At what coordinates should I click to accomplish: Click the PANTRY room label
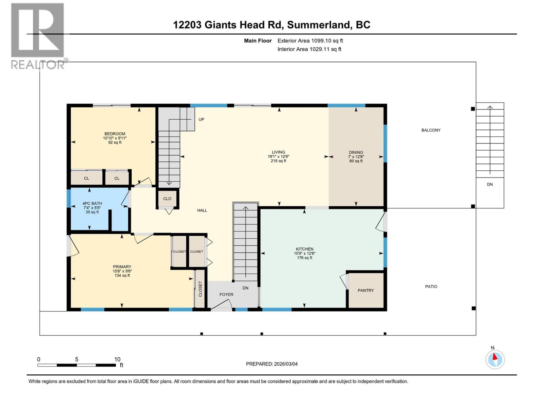pos(365,290)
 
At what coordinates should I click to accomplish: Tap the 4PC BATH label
pos(92,204)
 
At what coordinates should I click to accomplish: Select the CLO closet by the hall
pos(167,199)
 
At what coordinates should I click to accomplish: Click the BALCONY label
pos(431,130)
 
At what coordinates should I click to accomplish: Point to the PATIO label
pos(431,287)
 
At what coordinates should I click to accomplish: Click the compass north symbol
pos(495,359)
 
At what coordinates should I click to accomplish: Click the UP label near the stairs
pos(201,120)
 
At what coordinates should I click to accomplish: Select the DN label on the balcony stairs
pos(490,185)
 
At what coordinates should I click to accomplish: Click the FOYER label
pos(226,294)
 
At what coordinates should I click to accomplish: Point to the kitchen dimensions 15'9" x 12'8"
pos(304,253)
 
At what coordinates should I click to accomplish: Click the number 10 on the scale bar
pos(117,359)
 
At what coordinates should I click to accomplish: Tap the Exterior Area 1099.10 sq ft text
pos(310,41)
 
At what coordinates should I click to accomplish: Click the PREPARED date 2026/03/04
pos(272,364)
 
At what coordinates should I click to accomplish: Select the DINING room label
pos(356,152)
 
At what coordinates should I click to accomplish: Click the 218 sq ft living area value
pos(278,161)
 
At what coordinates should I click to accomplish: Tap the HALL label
pos(202,210)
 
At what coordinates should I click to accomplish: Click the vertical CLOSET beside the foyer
pos(200,289)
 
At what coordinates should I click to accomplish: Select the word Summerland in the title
pos(319,25)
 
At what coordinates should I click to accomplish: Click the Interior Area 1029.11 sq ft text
pos(309,49)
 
